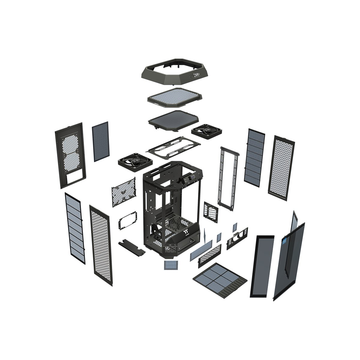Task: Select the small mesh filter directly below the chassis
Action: pyautogui.click(x=171, y=265)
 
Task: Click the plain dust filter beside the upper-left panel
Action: pyautogui.click(x=100, y=142)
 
